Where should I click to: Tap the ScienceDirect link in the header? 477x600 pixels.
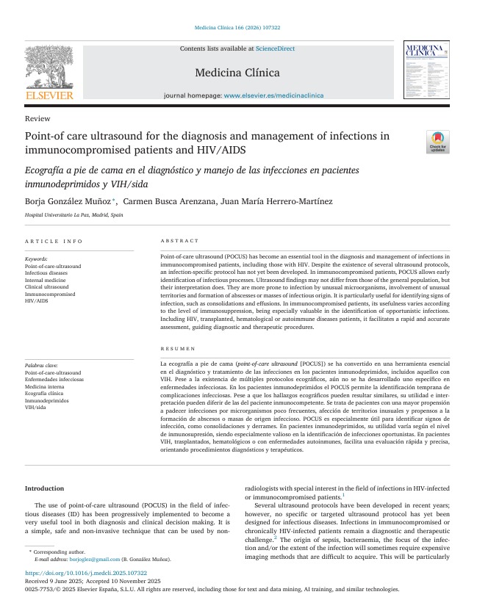pyautogui.click(x=275, y=48)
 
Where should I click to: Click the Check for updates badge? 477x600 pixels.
pyautogui.click(x=438, y=142)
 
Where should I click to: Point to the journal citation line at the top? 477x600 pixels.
pyautogui.click(x=237, y=27)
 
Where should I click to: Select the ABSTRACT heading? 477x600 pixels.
pyautogui.click(x=179, y=241)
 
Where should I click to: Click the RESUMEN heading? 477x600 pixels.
pyautogui.click(x=178, y=349)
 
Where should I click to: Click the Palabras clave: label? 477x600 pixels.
pyautogui.click(x=41, y=366)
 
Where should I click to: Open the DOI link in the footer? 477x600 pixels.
pyautogui.click(x=86, y=574)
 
